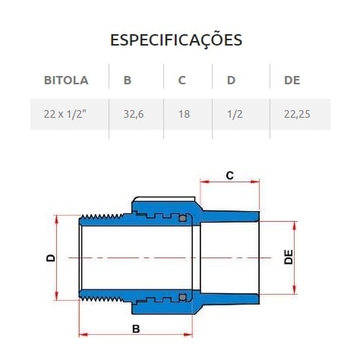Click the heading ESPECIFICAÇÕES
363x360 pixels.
click(176, 39)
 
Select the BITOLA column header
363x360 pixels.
click(66, 80)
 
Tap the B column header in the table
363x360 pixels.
click(127, 80)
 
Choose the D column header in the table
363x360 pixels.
click(231, 80)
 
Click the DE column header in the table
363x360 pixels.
click(292, 80)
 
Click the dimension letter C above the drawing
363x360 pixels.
click(230, 175)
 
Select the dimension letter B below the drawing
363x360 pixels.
click(136, 328)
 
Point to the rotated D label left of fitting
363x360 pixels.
click(51, 257)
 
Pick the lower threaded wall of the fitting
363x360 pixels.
click(106, 295)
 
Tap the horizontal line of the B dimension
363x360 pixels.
click(106, 335)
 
